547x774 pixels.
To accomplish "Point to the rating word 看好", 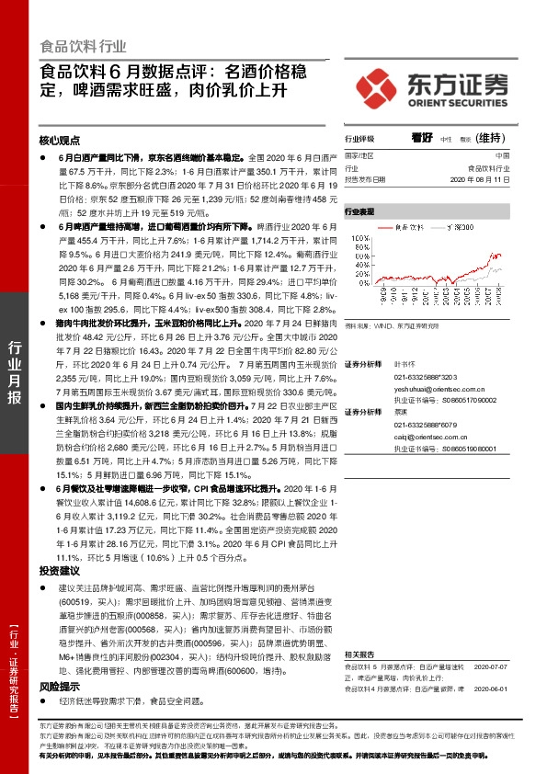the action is click(422, 138).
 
